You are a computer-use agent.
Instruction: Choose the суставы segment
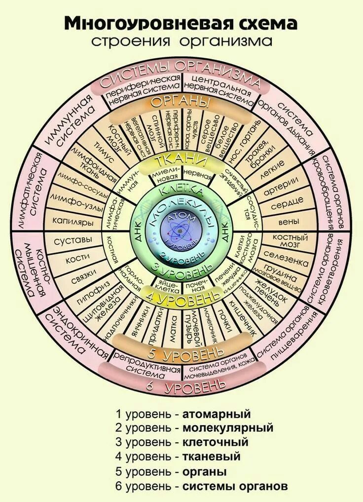75,240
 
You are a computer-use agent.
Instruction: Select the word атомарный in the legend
216,413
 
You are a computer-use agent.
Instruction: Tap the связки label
80,280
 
